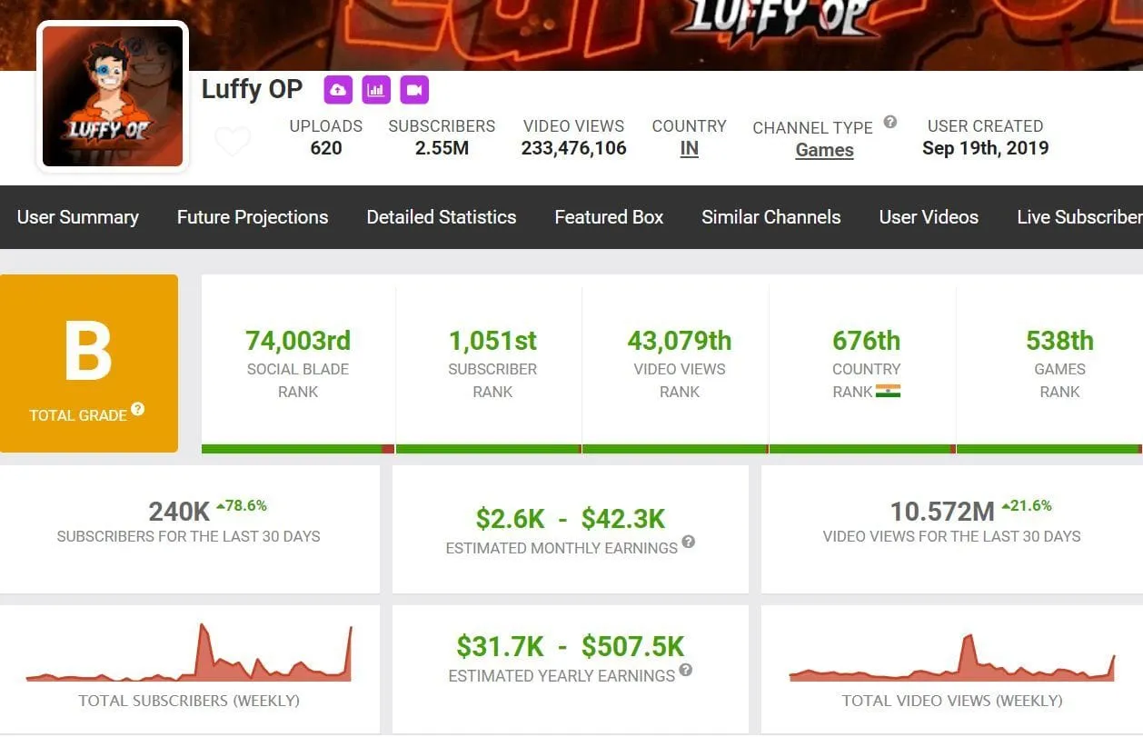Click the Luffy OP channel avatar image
coord(113,95)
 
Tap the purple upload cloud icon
coord(339,90)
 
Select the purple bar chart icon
coord(376,90)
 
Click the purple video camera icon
coord(414,90)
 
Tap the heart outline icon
coord(232,142)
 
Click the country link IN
coord(689,148)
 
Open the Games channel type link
coord(824,150)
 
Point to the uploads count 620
coord(326,148)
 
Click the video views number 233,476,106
coord(573,148)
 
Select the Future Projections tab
coord(253,217)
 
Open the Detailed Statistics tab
coord(442,217)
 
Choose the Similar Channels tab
coord(770,217)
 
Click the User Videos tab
coord(929,217)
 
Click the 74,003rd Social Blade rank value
coord(298,341)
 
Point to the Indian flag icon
coord(888,392)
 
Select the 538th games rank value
coord(1059,341)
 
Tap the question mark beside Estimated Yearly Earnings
coord(685,671)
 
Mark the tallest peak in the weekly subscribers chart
coord(202,626)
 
